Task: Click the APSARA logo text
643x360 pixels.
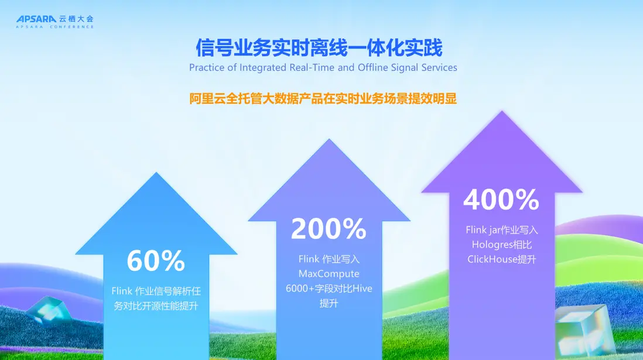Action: (x=36, y=19)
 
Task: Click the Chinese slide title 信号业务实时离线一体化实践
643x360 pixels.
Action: (x=319, y=47)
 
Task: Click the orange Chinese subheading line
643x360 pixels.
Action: (x=323, y=98)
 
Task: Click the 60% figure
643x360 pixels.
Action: (x=156, y=260)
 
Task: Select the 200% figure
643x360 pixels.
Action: (x=329, y=228)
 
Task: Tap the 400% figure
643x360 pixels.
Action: (x=501, y=200)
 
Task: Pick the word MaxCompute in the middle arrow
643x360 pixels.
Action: (x=329, y=273)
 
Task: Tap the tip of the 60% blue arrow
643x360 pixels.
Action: (x=156, y=172)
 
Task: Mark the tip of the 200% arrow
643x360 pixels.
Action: (x=329, y=139)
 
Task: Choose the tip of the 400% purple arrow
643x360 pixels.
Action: (x=501, y=110)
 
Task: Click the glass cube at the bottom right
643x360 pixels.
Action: (x=584, y=330)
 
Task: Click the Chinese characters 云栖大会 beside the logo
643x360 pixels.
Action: (x=76, y=19)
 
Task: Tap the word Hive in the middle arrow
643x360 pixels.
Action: (x=362, y=288)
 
